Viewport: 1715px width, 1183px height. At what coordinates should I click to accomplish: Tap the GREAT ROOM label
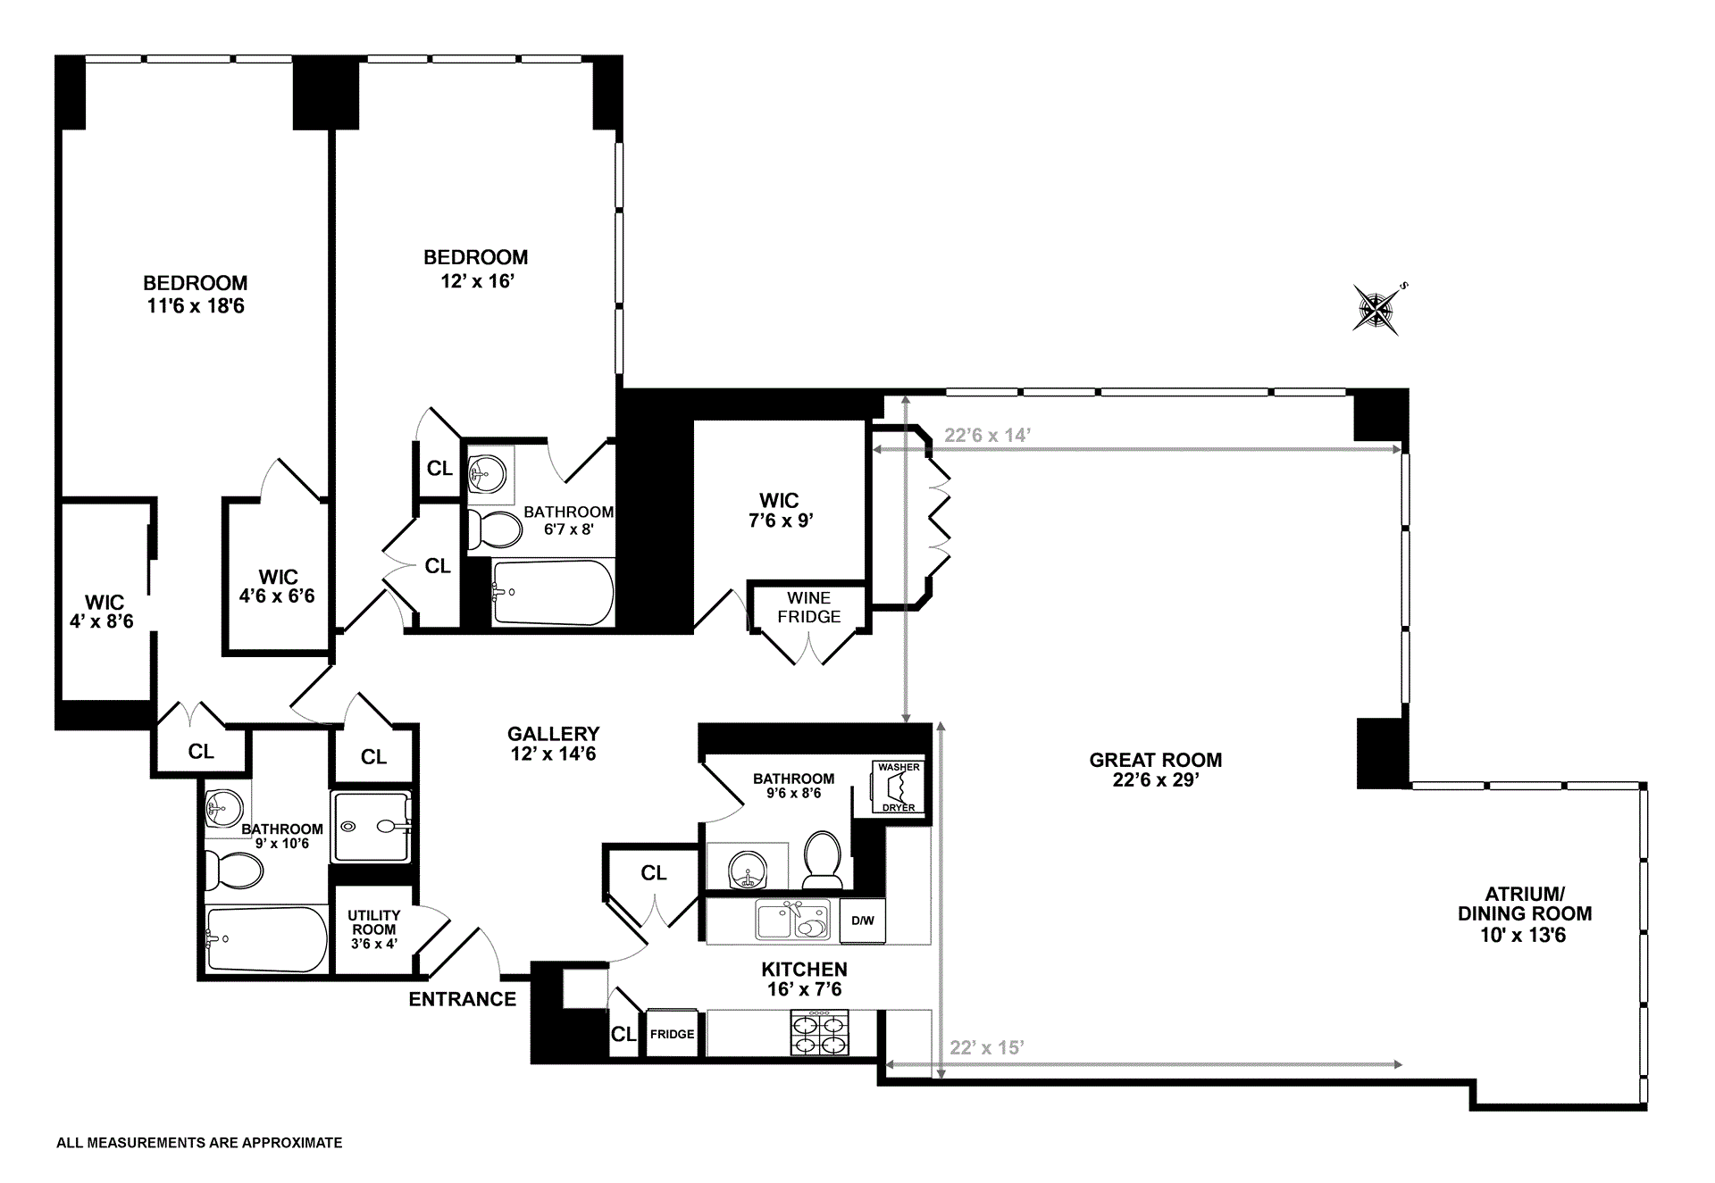click(1155, 760)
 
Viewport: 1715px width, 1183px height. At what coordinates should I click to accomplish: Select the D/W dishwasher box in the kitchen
click(862, 921)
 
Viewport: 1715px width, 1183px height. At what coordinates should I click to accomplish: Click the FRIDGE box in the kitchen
click(672, 1033)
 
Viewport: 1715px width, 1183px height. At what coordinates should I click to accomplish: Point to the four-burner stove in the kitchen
click(819, 1033)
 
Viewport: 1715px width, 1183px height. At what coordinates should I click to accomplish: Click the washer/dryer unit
click(898, 787)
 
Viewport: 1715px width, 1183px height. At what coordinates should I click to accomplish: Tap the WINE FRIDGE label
click(808, 607)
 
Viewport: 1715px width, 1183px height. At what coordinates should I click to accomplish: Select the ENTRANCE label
click(462, 999)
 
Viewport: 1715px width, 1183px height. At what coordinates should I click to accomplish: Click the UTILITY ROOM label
click(373, 921)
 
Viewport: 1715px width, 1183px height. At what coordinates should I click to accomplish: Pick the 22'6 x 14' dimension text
click(987, 435)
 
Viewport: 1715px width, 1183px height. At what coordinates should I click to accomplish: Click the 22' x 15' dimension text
click(986, 1047)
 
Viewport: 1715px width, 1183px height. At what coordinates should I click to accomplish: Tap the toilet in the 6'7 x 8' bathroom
click(494, 529)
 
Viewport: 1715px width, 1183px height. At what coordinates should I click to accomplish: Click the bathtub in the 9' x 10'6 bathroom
click(266, 939)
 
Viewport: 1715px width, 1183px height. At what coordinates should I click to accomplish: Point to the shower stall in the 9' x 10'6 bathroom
click(372, 827)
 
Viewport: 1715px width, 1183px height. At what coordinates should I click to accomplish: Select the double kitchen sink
click(792, 921)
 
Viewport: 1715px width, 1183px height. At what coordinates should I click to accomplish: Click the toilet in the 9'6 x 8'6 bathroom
click(821, 860)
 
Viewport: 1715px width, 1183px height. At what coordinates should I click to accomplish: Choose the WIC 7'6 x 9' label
click(780, 510)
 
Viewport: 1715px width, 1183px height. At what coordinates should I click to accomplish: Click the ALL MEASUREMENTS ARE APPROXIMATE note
click(199, 1142)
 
